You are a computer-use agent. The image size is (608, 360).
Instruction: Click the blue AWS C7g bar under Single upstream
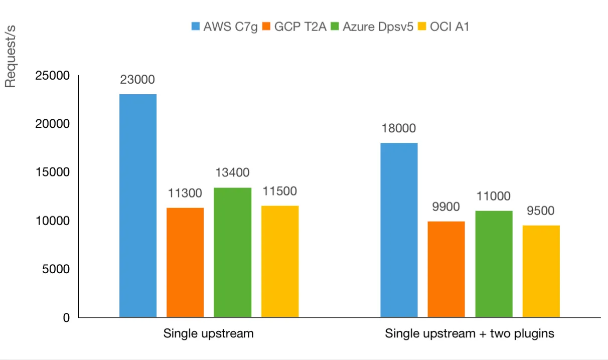138,206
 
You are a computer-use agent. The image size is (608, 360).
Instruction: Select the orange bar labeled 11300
185,262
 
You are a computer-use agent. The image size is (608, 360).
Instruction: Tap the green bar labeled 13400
232,252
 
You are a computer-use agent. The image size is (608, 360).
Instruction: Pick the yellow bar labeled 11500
280,261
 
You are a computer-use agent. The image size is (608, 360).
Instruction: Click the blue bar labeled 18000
399,230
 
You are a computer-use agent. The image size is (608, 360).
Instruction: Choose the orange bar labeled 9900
446,269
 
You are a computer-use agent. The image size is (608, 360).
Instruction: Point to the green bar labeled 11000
494,264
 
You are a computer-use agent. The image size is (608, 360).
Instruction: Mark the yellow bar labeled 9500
541,271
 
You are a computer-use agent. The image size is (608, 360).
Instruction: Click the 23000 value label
137,79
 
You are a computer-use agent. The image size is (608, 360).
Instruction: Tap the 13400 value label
232,173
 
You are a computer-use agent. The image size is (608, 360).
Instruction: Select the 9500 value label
540,211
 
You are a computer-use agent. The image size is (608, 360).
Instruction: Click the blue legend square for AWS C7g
196,27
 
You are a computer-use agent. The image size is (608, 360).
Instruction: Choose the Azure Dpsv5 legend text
378,27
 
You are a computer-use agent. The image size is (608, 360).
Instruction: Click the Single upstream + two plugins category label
470,333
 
